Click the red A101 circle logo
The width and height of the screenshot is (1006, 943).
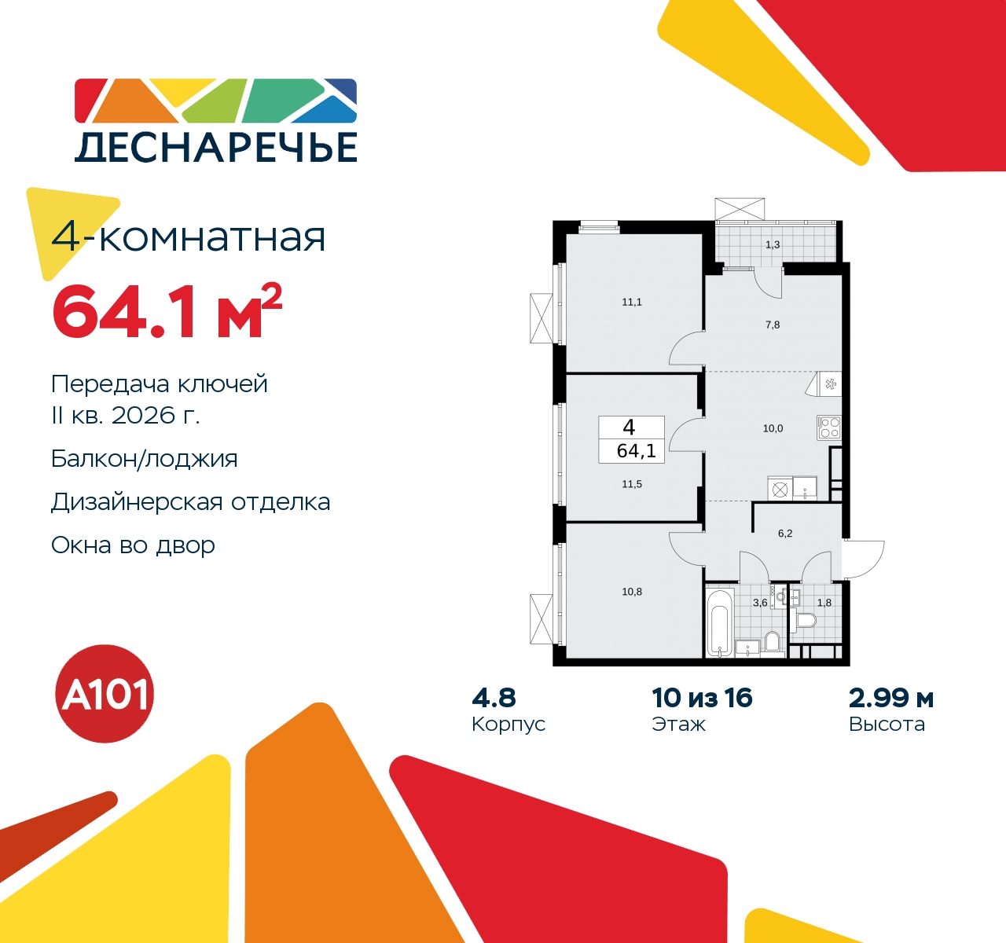(105, 694)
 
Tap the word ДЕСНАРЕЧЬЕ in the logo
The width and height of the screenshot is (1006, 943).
(216, 147)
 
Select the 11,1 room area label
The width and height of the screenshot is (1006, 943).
(632, 302)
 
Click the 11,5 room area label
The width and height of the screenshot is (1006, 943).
(632, 484)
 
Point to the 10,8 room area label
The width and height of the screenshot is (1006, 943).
(632, 591)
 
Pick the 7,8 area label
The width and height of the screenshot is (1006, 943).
(773, 325)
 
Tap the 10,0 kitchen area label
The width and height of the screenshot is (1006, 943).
(773, 428)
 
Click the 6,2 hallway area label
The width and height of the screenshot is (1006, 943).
(785, 533)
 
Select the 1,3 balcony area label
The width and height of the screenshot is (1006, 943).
(773, 244)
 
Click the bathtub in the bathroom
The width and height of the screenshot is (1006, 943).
(720, 622)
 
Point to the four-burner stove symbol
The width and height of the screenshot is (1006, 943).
(828, 427)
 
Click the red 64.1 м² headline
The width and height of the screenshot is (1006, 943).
(167, 313)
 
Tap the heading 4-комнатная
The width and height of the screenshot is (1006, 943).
(188, 237)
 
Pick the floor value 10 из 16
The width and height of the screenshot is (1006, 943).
(702, 699)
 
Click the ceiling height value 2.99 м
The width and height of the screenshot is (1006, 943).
(891, 699)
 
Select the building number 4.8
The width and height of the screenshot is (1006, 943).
(494, 699)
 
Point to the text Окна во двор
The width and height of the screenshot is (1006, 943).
(134, 545)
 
